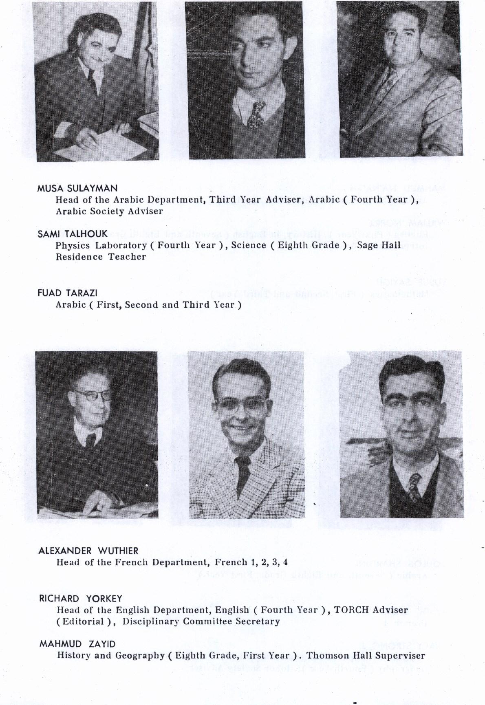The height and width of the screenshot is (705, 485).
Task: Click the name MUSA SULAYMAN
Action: (x=77, y=188)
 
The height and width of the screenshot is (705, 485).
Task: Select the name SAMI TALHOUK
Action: (x=73, y=234)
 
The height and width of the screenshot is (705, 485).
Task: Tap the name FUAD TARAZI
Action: (x=67, y=293)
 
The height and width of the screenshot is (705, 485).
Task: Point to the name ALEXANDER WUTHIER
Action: (x=88, y=551)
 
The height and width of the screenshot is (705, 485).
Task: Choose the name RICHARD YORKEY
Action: (x=81, y=599)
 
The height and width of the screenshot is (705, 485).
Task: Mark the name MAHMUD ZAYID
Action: (x=77, y=644)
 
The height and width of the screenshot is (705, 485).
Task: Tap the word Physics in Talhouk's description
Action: (x=73, y=245)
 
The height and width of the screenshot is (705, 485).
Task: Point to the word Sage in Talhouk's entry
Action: (x=367, y=245)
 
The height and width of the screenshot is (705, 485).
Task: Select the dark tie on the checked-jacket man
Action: (x=243, y=473)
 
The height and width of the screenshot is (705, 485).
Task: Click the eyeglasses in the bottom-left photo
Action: (x=93, y=395)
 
